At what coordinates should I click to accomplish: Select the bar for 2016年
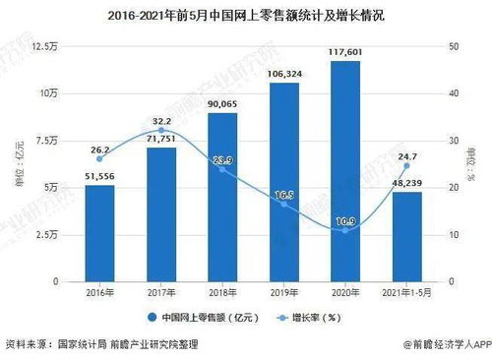point(98,233)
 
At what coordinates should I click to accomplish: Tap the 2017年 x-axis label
point(160,294)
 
